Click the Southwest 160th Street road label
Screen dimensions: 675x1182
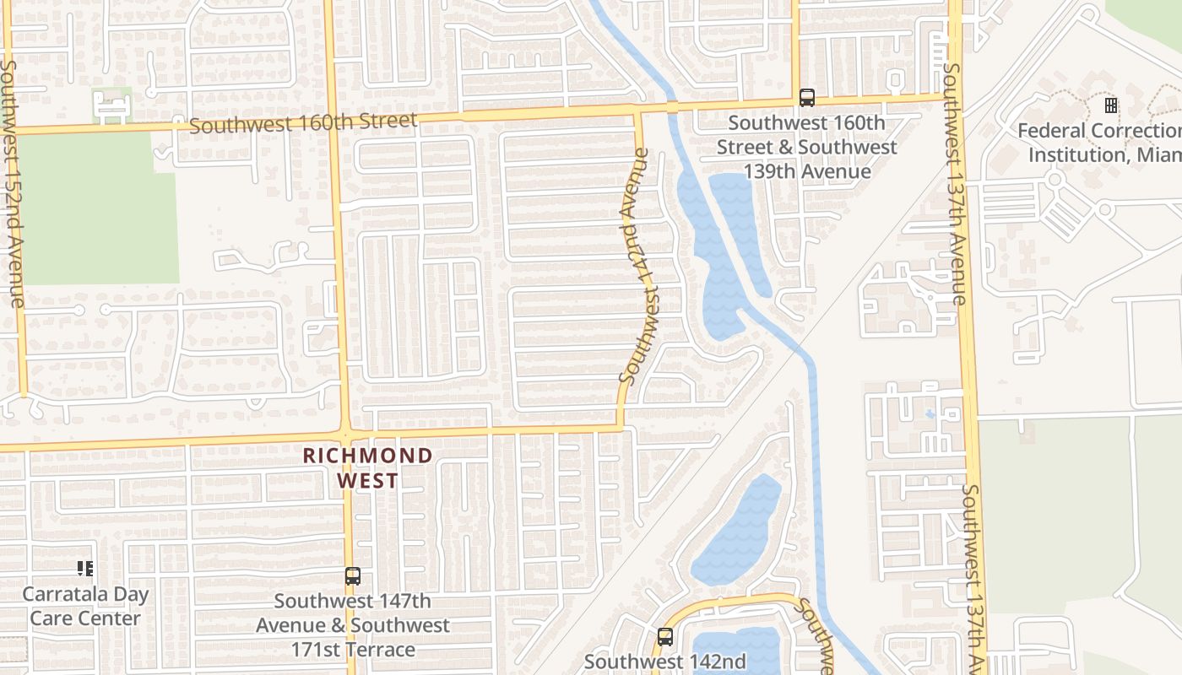point(304,123)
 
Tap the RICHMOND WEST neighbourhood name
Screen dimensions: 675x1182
point(367,467)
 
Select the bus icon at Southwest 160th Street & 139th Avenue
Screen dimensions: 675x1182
point(807,98)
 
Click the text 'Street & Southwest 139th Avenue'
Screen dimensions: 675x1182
point(806,159)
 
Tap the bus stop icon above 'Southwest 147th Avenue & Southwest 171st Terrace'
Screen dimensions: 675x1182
point(353,577)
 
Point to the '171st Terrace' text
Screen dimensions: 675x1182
point(353,650)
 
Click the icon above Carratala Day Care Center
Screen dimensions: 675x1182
point(85,569)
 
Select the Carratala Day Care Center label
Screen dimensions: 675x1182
point(85,606)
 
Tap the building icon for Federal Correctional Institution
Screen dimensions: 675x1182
point(1111,105)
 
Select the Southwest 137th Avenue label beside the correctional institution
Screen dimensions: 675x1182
point(954,184)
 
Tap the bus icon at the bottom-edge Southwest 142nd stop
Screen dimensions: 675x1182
point(665,636)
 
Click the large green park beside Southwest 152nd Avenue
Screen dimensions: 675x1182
point(97,207)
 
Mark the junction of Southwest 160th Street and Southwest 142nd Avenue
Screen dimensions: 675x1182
point(638,111)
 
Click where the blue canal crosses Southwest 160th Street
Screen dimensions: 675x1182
point(672,107)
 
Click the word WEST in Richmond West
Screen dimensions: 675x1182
point(367,481)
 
